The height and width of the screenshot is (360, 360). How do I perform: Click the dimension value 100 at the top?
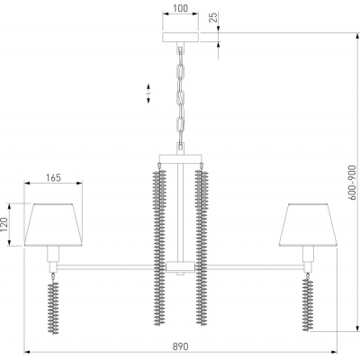[181, 8]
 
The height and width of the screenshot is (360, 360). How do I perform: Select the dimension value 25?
[212, 17]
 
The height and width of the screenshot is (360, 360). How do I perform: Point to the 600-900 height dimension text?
[353, 183]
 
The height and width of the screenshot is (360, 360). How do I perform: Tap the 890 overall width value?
[181, 346]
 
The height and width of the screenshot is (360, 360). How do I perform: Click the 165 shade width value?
[53, 178]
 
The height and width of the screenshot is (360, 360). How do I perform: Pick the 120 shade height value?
[4, 224]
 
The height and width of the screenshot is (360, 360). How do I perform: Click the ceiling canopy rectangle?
[181, 37]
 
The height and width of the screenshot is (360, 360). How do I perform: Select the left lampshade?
[53, 225]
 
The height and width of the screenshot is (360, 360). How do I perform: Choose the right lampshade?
[308, 225]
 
